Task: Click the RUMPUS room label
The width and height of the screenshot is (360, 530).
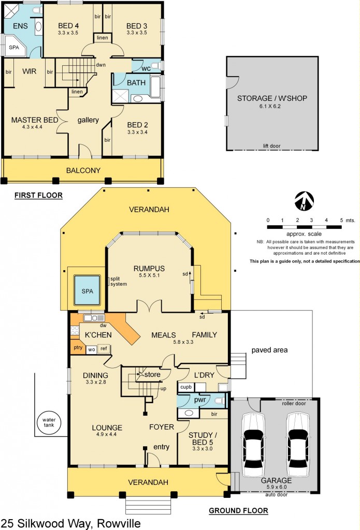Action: coord(149,268)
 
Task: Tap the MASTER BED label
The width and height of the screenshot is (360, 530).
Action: coord(35,120)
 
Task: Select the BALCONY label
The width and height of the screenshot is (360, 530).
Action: coord(83,170)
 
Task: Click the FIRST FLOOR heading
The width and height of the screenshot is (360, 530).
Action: coord(38,196)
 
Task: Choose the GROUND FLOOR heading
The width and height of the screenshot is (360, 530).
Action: coord(238,511)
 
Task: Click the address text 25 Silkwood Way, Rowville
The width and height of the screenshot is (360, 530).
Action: coord(70,523)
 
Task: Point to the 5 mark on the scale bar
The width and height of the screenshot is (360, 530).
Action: coord(341,220)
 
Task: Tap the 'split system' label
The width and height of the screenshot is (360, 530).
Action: coord(118,281)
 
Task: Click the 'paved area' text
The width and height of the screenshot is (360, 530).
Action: coord(269,350)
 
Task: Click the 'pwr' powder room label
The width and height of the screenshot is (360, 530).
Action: coord(199,400)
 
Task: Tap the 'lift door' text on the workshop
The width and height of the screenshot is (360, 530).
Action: coord(271,146)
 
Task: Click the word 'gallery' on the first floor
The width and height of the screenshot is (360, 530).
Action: coord(88,120)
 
